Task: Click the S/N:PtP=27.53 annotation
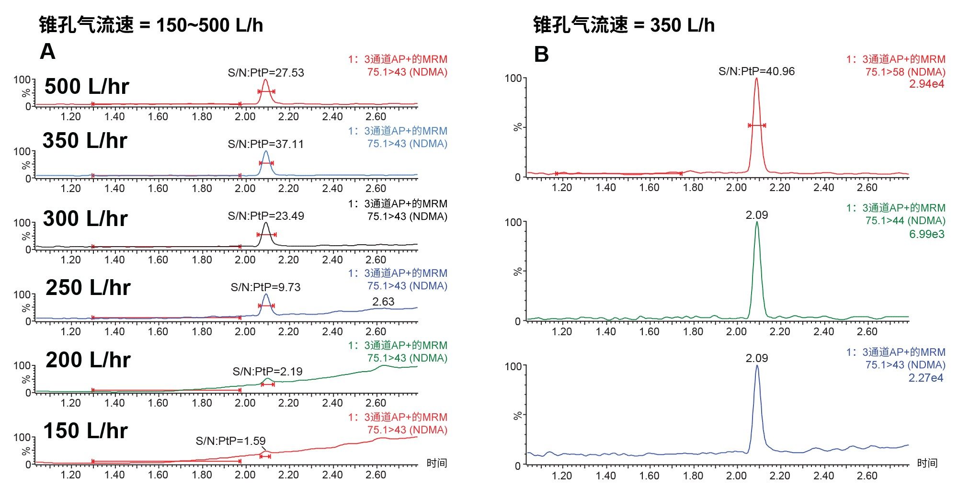click(x=266, y=73)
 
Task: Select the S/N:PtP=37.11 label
click(x=266, y=144)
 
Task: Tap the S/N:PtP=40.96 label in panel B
click(x=756, y=71)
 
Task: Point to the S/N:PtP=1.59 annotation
click(x=230, y=441)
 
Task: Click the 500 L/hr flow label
click(x=87, y=87)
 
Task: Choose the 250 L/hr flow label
click(x=88, y=288)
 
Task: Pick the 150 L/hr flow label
click(x=86, y=431)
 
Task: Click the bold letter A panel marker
click(x=47, y=51)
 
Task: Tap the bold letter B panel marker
click(x=541, y=54)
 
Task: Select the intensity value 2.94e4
click(x=926, y=84)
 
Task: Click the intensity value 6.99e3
click(x=926, y=234)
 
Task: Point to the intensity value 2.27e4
click(x=925, y=378)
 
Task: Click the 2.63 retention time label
click(x=383, y=302)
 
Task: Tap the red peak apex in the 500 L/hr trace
click(x=266, y=80)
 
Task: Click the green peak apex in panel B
click(x=757, y=222)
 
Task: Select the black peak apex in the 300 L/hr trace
click(x=266, y=223)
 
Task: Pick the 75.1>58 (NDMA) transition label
click(x=905, y=72)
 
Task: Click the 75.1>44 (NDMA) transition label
click(x=905, y=221)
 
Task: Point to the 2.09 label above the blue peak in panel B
click(x=757, y=358)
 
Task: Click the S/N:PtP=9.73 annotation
click(x=265, y=287)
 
